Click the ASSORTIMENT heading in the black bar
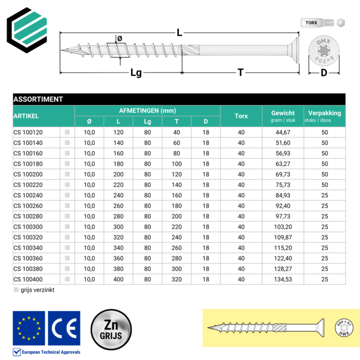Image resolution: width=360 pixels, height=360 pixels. pyautogui.click(x=38, y=99)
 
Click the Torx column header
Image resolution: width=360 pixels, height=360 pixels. pyautogui.click(x=241, y=116)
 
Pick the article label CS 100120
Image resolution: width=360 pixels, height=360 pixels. pyautogui.click(x=28, y=132)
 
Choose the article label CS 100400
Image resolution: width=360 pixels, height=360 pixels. pyautogui.click(x=28, y=280)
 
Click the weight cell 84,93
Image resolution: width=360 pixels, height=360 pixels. pyautogui.click(x=283, y=196)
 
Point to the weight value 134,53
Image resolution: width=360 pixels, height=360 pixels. pyautogui.click(x=283, y=280)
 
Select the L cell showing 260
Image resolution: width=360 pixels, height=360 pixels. pyautogui.click(x=119, y=206)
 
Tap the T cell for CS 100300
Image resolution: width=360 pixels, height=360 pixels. pyautogui.click(x=177, y=227)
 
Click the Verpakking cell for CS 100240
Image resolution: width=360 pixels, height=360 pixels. pyautogui.click(x=325, y=196)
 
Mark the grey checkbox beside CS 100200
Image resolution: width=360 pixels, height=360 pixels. pyautogui.click(x=67, y=174)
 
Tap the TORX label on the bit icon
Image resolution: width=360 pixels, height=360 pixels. pyautogui.click(x=311, y=23)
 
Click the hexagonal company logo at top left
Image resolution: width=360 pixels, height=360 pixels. pyautogui.click(x=27, y=28)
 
